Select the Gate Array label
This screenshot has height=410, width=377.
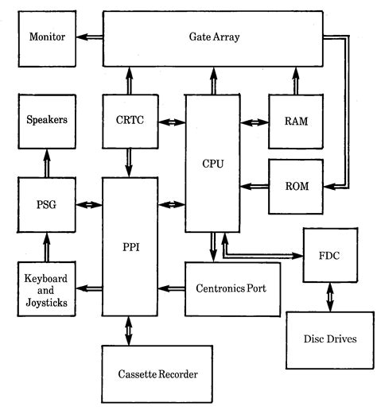coord(215,37)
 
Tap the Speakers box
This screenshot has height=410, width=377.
coord(46,121)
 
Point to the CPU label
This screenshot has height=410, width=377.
coord(213,164)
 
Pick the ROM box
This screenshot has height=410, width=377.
coord(296,187)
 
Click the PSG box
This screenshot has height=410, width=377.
coord(46,204)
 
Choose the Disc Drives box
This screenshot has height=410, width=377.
coord(328,339)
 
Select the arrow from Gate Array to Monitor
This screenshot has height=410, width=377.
coord(89,37)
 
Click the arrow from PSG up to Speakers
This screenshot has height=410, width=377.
coord(46,163)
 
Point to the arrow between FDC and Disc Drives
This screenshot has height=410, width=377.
coord(328,299)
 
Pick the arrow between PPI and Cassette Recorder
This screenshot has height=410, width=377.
coord(129,330)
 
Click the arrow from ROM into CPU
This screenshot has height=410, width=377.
coord(255,187)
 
